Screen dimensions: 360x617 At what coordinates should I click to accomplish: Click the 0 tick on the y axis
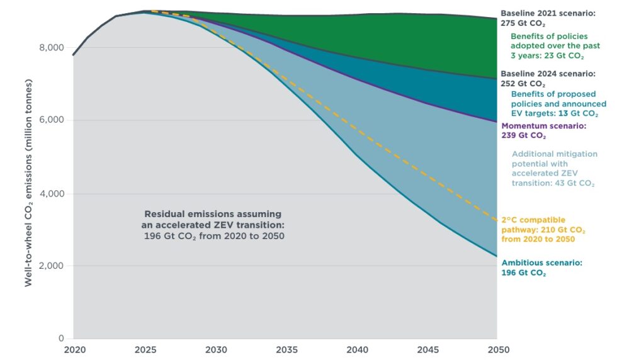[61, 339]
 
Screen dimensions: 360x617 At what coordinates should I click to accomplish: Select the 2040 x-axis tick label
[356, 349]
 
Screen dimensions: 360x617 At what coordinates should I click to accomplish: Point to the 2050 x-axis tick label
[497, 349]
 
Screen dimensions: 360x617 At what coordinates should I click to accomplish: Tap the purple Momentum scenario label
[543, 130]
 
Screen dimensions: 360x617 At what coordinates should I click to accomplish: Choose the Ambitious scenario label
[541, 267]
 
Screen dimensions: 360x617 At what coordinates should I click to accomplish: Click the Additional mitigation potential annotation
[554, 169]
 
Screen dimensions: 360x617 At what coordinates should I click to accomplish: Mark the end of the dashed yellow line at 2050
[496, 219]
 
